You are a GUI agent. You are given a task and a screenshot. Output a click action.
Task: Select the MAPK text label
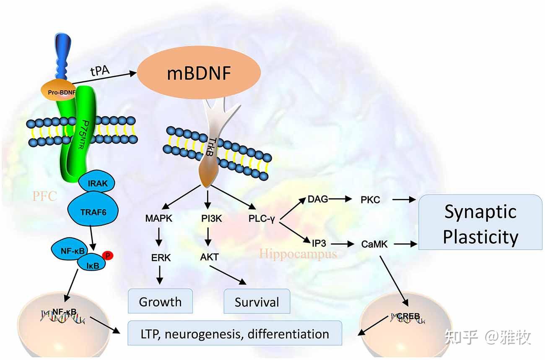click(158, 219)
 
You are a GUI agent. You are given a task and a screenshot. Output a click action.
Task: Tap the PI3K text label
click(208, 219)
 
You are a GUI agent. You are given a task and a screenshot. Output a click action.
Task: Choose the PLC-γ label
click(261, 219)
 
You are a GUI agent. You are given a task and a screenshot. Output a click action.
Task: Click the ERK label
click(161, 258)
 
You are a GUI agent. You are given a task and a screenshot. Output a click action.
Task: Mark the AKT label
click(209, 257)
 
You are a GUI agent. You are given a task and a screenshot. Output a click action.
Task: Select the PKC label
click(370, 200)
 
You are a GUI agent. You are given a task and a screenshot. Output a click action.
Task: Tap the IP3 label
click(319, 243)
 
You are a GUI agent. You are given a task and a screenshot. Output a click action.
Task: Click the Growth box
click(160, 301)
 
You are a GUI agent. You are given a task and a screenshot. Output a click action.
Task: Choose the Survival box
click(257, 302)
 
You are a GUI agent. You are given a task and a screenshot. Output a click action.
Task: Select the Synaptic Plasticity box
click(480, 223)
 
